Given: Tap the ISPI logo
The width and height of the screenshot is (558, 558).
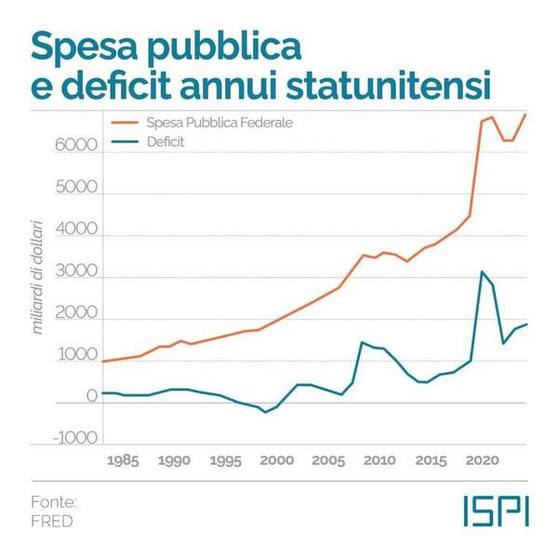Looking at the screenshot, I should [496, 511].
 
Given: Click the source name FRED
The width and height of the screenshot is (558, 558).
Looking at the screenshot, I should [51, 521].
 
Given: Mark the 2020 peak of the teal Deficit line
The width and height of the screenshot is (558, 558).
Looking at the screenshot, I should [482, 272].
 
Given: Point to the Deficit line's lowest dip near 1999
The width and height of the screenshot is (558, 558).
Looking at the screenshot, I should [265, 411].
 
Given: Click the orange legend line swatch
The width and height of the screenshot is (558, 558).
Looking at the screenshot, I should [124, 123].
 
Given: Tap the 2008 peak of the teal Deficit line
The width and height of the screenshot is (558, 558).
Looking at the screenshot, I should [361, 342].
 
